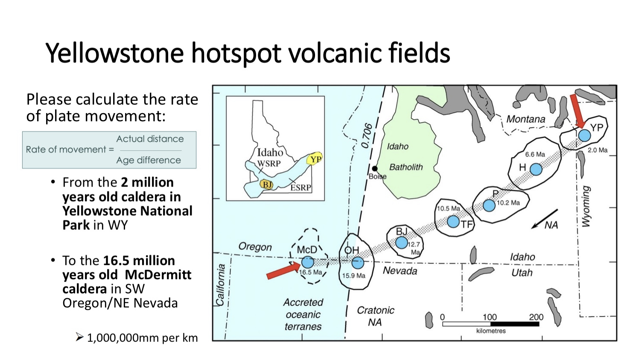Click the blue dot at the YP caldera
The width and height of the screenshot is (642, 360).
584,135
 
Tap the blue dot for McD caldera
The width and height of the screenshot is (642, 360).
307,262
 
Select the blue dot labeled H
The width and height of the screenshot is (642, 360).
536,169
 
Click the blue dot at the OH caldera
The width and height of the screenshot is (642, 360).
358,262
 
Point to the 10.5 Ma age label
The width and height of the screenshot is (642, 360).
448,208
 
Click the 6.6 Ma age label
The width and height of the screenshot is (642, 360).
535,154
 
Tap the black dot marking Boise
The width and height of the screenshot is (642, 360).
374,168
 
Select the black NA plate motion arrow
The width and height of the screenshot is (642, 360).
544,219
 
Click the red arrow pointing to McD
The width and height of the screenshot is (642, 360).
282,271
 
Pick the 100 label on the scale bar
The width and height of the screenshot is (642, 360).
490,317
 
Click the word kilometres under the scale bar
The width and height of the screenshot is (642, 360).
491,331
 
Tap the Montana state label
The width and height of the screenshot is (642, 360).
525,119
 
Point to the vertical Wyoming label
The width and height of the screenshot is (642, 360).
587,206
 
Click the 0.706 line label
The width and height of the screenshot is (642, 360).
367,136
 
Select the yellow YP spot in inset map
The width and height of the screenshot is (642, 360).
315,159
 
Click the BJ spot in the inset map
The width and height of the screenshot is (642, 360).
266,184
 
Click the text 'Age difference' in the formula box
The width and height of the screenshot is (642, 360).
149,160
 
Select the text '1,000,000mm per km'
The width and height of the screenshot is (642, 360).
142,338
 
